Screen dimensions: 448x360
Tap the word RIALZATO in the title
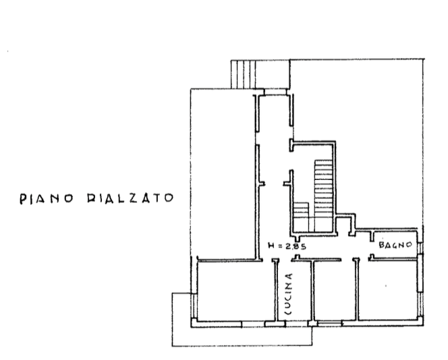click(x=130, y=198)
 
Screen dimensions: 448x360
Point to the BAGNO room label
click(x=395, y=245)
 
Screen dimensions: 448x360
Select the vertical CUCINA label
click(x=289, y=294)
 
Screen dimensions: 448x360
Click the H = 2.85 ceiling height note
click(x=287, y=246)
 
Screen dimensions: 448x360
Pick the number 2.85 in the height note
click(x=296, y=246)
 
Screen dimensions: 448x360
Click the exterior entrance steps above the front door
click(x=243, y=74)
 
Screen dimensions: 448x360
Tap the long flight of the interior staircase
click(x=324, y=196)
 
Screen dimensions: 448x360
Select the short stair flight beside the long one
click(x=302, y=217)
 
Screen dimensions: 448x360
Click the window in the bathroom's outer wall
click(x=420, y=248)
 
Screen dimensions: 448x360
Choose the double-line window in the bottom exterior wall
click(x=330, y=323)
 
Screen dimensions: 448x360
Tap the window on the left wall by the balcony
click(x=193, y=305)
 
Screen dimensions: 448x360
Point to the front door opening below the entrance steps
click(x=275, y=92)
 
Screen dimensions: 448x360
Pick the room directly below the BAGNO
click(x=388, y=290)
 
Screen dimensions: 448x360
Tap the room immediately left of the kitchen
click(x=236, y=291)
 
